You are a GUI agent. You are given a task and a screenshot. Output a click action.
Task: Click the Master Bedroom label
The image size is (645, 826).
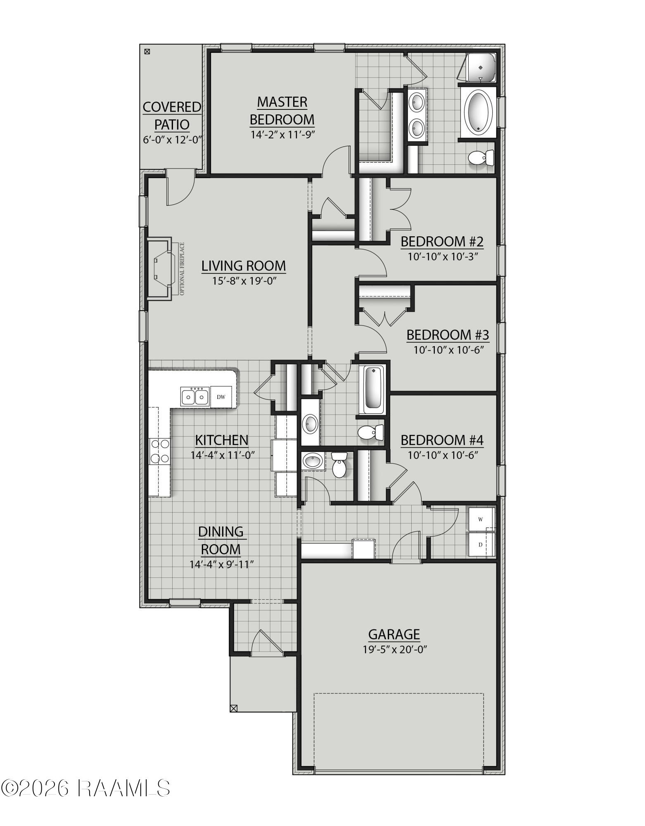(282, 111)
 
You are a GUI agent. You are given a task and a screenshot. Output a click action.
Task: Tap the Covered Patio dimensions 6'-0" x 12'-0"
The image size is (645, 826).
(172, 139)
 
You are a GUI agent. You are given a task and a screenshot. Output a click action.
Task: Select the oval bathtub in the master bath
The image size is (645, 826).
(478, 111)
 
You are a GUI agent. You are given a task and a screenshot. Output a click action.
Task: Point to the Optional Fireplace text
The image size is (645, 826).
(182, 269)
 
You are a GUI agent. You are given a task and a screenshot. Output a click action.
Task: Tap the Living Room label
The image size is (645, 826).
(244, 266)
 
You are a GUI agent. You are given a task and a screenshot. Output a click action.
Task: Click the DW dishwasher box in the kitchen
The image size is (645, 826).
(221, 397)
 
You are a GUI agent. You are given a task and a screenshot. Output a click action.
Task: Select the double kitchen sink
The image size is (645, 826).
(194, 397)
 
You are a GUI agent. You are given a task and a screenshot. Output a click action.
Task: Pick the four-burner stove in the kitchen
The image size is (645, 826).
(159, 451)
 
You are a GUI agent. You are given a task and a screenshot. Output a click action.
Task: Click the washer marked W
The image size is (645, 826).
(481, 519)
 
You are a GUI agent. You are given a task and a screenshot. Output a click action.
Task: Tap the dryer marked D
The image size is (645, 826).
(481, 544)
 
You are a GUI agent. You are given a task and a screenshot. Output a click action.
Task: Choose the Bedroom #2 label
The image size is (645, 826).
(442, 241)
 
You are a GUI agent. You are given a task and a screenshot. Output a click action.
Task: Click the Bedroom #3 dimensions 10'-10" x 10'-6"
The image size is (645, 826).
(448, 350)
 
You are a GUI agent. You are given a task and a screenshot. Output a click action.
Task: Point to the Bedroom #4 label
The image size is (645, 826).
(442, 440)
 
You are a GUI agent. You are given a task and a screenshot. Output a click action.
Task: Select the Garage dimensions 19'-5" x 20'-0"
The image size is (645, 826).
(394, 649)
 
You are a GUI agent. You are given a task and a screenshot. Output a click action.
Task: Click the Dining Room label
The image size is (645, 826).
(221, 540)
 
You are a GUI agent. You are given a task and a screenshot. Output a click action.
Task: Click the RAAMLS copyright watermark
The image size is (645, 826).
(85, 788)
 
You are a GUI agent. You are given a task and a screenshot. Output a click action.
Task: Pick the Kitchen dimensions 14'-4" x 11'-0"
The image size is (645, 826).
(222, 455)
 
